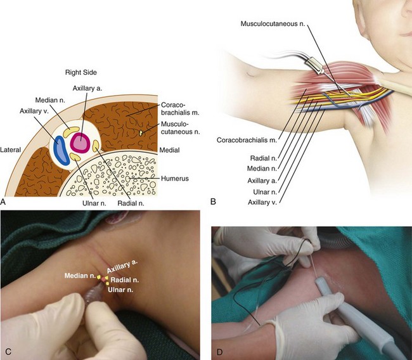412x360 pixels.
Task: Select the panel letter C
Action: pyautogui.click(x=6, y=350)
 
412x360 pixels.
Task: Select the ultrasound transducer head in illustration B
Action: pyautogui.click(x=314, y=65)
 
